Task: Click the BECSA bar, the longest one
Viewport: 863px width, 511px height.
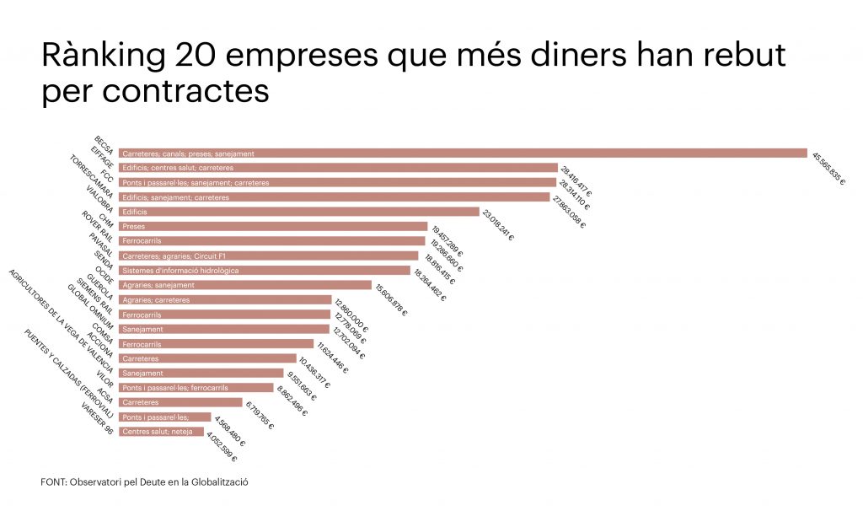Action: click(x=463, y=153)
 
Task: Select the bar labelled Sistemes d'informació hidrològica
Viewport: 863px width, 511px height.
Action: click(x=264, y=271)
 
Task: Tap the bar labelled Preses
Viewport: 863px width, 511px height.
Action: click(x=272, y=226)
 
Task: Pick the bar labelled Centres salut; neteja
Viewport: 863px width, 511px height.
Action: click(x=161, y=432)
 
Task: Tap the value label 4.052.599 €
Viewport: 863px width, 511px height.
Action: click(x=221, y=446)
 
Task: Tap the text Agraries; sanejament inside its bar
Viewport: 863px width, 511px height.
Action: click(x=158, y=285)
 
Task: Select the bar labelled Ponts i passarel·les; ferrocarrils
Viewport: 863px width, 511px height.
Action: click(x=196, y=388)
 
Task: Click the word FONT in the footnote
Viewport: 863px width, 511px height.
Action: click(x=52, y=482)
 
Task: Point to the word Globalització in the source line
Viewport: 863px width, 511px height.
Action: click(x=225, y=482)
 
